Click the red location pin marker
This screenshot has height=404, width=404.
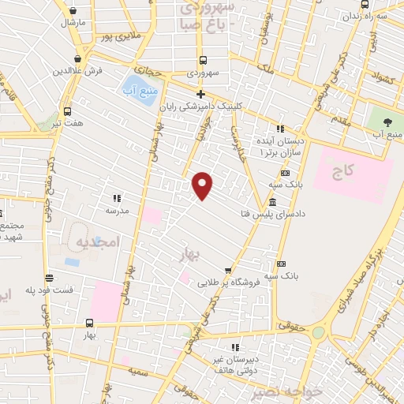(203, 185)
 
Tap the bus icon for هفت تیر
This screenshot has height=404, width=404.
(67, 111)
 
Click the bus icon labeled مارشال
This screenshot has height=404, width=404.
(73, 12)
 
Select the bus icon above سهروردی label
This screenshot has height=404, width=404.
(203, 60)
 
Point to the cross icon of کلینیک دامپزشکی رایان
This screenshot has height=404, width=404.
(201, 94)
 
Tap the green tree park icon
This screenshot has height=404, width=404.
(387, 122)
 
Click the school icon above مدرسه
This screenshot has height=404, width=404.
(117, 198)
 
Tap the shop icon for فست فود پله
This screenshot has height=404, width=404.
(50, 278)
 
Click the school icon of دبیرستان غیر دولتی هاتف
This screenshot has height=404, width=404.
(235, 346)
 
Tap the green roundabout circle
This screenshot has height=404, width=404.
(318, 333)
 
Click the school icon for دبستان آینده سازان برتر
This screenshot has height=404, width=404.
(279, 128)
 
